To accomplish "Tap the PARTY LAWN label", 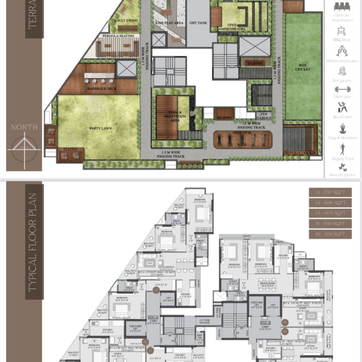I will [x=98, y=127].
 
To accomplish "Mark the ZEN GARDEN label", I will [x=265, y=117].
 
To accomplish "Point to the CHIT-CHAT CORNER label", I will [x=300, y=153].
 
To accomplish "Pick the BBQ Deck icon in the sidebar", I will [x=341, y=32].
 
